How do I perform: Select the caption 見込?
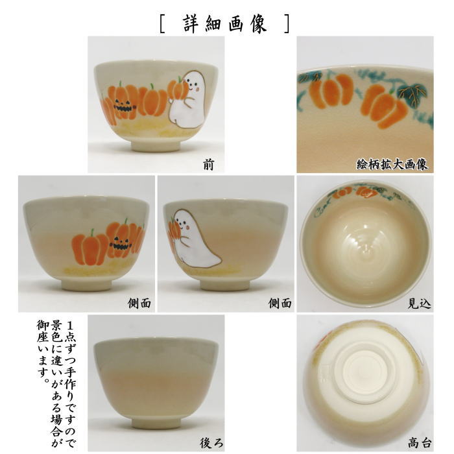pyautogui.click(x=416, y=302)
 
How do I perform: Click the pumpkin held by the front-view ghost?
pyautogui.click(x=176, y=88)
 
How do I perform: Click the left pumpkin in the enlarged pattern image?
pyautogui.click(x=331, y=91)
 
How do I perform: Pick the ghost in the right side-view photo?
pyautogui.click(x=191, y=237)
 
